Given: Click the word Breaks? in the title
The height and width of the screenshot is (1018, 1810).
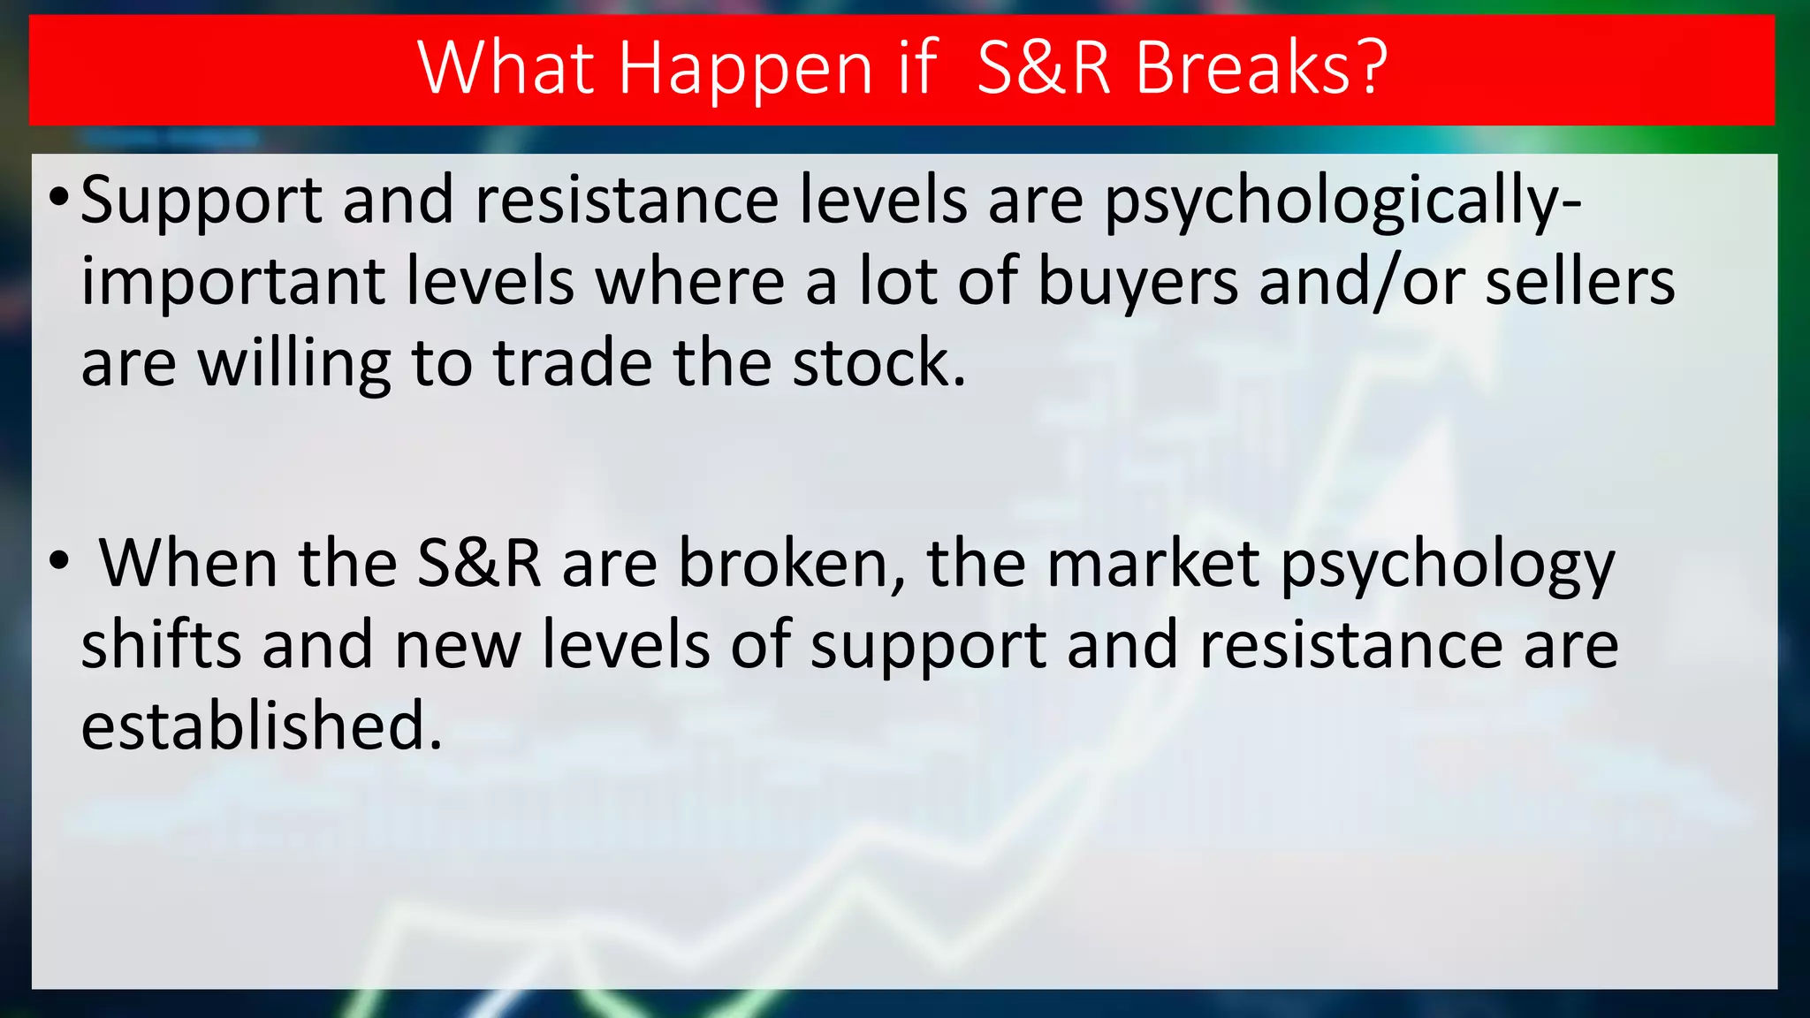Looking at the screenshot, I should pos(1261,68).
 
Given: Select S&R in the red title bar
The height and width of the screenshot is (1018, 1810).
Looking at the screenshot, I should pos(1044,68).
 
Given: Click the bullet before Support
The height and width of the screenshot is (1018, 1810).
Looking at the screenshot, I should pos(58,195).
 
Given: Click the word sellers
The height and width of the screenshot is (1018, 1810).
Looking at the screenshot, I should pos(1579,283).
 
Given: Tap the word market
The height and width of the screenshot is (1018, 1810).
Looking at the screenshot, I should pos(1152,564).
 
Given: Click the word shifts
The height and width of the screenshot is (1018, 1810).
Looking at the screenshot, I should pos(161,644).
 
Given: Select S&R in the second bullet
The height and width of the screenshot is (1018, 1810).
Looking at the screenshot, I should pos(478,564).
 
